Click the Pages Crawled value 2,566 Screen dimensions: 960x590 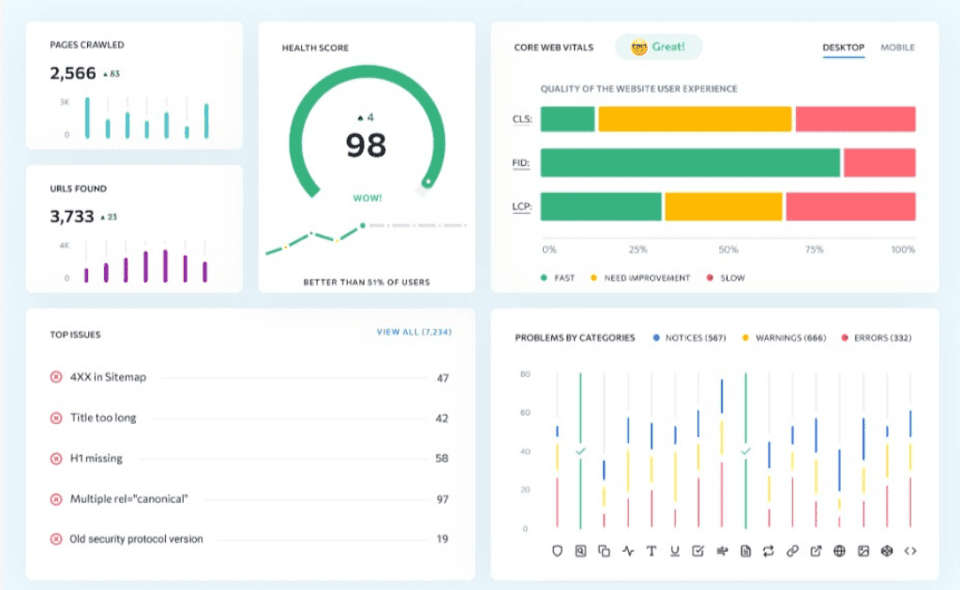pyautogui.click(x=73, y=73)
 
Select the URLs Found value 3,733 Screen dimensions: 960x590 pyautogui.click(x=71, y=217)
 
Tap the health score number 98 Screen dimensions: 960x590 pyautogui.click(x=367, y=145)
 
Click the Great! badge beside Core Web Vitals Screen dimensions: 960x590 pyautogui.click(x=658, y=47)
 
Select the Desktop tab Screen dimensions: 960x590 pyautogui.click(x=843, y=47)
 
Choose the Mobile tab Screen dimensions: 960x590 pyautogui.click(x=897, y=47)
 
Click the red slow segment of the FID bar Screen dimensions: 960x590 pyautogui.click(x=879, y=162)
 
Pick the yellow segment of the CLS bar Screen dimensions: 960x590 pyautogui.click(x=695, y=119)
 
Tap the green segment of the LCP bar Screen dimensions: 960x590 pyautogui.click(x=601, y=206)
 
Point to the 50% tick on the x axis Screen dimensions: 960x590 pyautogui.click(x=727, y=250)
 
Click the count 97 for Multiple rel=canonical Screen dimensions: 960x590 pyautogui.click(x=442, y=499)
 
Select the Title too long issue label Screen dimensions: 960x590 pyautogui.click(x=103, y=417)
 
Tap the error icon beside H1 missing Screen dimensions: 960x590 pyautogui.click(x=55, y=459)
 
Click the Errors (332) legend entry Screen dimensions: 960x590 pyautogui.click(x=877, y=338)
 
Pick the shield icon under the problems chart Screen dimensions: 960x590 pyautogui.click(x=557, y=551)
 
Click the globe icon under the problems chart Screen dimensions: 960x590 pyautogui.click(x=839, y=551)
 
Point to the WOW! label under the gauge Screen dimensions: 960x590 pyautogui.click(x=367, y=198)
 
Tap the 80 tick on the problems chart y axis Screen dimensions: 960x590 pyautogui.click(x=525, y=373)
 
